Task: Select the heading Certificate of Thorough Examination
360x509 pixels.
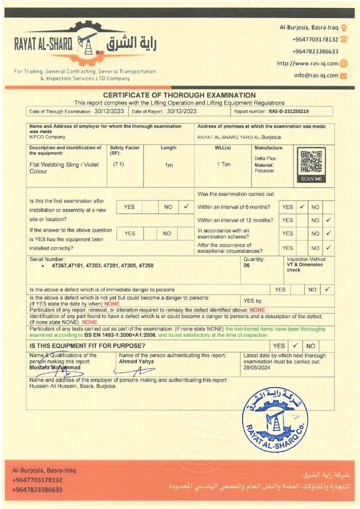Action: tap(180, 95)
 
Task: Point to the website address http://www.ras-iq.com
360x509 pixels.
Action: tap(307, 63)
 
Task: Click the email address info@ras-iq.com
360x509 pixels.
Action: tap(316, 76)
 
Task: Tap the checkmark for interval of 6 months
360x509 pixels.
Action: tap(302, 207)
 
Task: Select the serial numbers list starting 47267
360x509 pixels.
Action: tap(102, 266)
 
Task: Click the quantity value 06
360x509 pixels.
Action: tap(247, 266)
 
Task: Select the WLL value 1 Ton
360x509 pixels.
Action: tap(223, 164)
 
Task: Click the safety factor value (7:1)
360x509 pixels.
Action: tap(118, 164)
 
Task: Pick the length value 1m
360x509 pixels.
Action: tap(169, 165)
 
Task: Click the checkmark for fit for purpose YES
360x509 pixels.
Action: tap(295, 345)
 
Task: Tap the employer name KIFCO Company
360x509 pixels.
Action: tap(47, 137)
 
